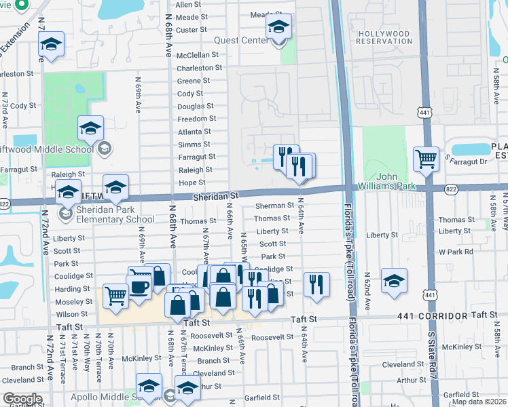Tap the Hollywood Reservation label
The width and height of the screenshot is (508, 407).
tap(384, 37)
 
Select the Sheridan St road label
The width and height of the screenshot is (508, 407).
tap(216, 195)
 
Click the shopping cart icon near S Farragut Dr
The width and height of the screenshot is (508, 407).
tap(426, 159)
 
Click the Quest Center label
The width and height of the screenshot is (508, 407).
tap(241, 40)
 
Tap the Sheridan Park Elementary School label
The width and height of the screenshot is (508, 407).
tap(115, 215)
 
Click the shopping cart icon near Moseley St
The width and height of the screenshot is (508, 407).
tap(116, 296)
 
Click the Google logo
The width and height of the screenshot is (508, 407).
tap(22, 399)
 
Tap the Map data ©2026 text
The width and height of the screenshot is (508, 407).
tap(479, 402)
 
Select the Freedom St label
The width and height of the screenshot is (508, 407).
tap(196, 119)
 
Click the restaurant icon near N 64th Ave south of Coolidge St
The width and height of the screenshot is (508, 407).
tap(316, 284)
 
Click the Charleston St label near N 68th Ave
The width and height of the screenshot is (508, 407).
tap(199, 69)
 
